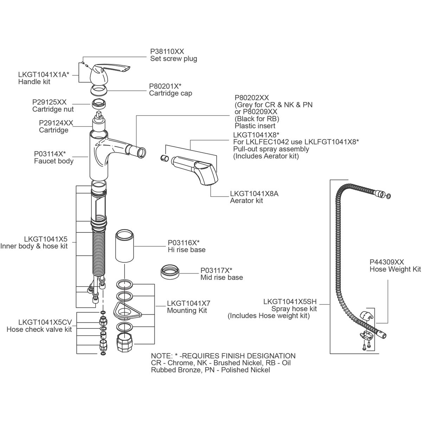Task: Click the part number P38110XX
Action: tap(167, 51)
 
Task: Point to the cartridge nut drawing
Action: tap(98, 104)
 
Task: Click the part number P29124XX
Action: tap(56, 123)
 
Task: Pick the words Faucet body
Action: tap(54, 161)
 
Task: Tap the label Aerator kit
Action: tap(247, 200)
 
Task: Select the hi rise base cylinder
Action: tap(124, 246)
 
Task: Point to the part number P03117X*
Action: tap(216, 270)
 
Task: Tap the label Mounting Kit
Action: tap(187, 311)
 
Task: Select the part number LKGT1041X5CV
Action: tap(45, 322)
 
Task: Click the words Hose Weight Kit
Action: tap(395, 269)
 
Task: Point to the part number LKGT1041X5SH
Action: tap(290, 301)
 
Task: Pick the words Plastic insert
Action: tap(255, 126)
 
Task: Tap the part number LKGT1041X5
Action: tap(46, 239)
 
